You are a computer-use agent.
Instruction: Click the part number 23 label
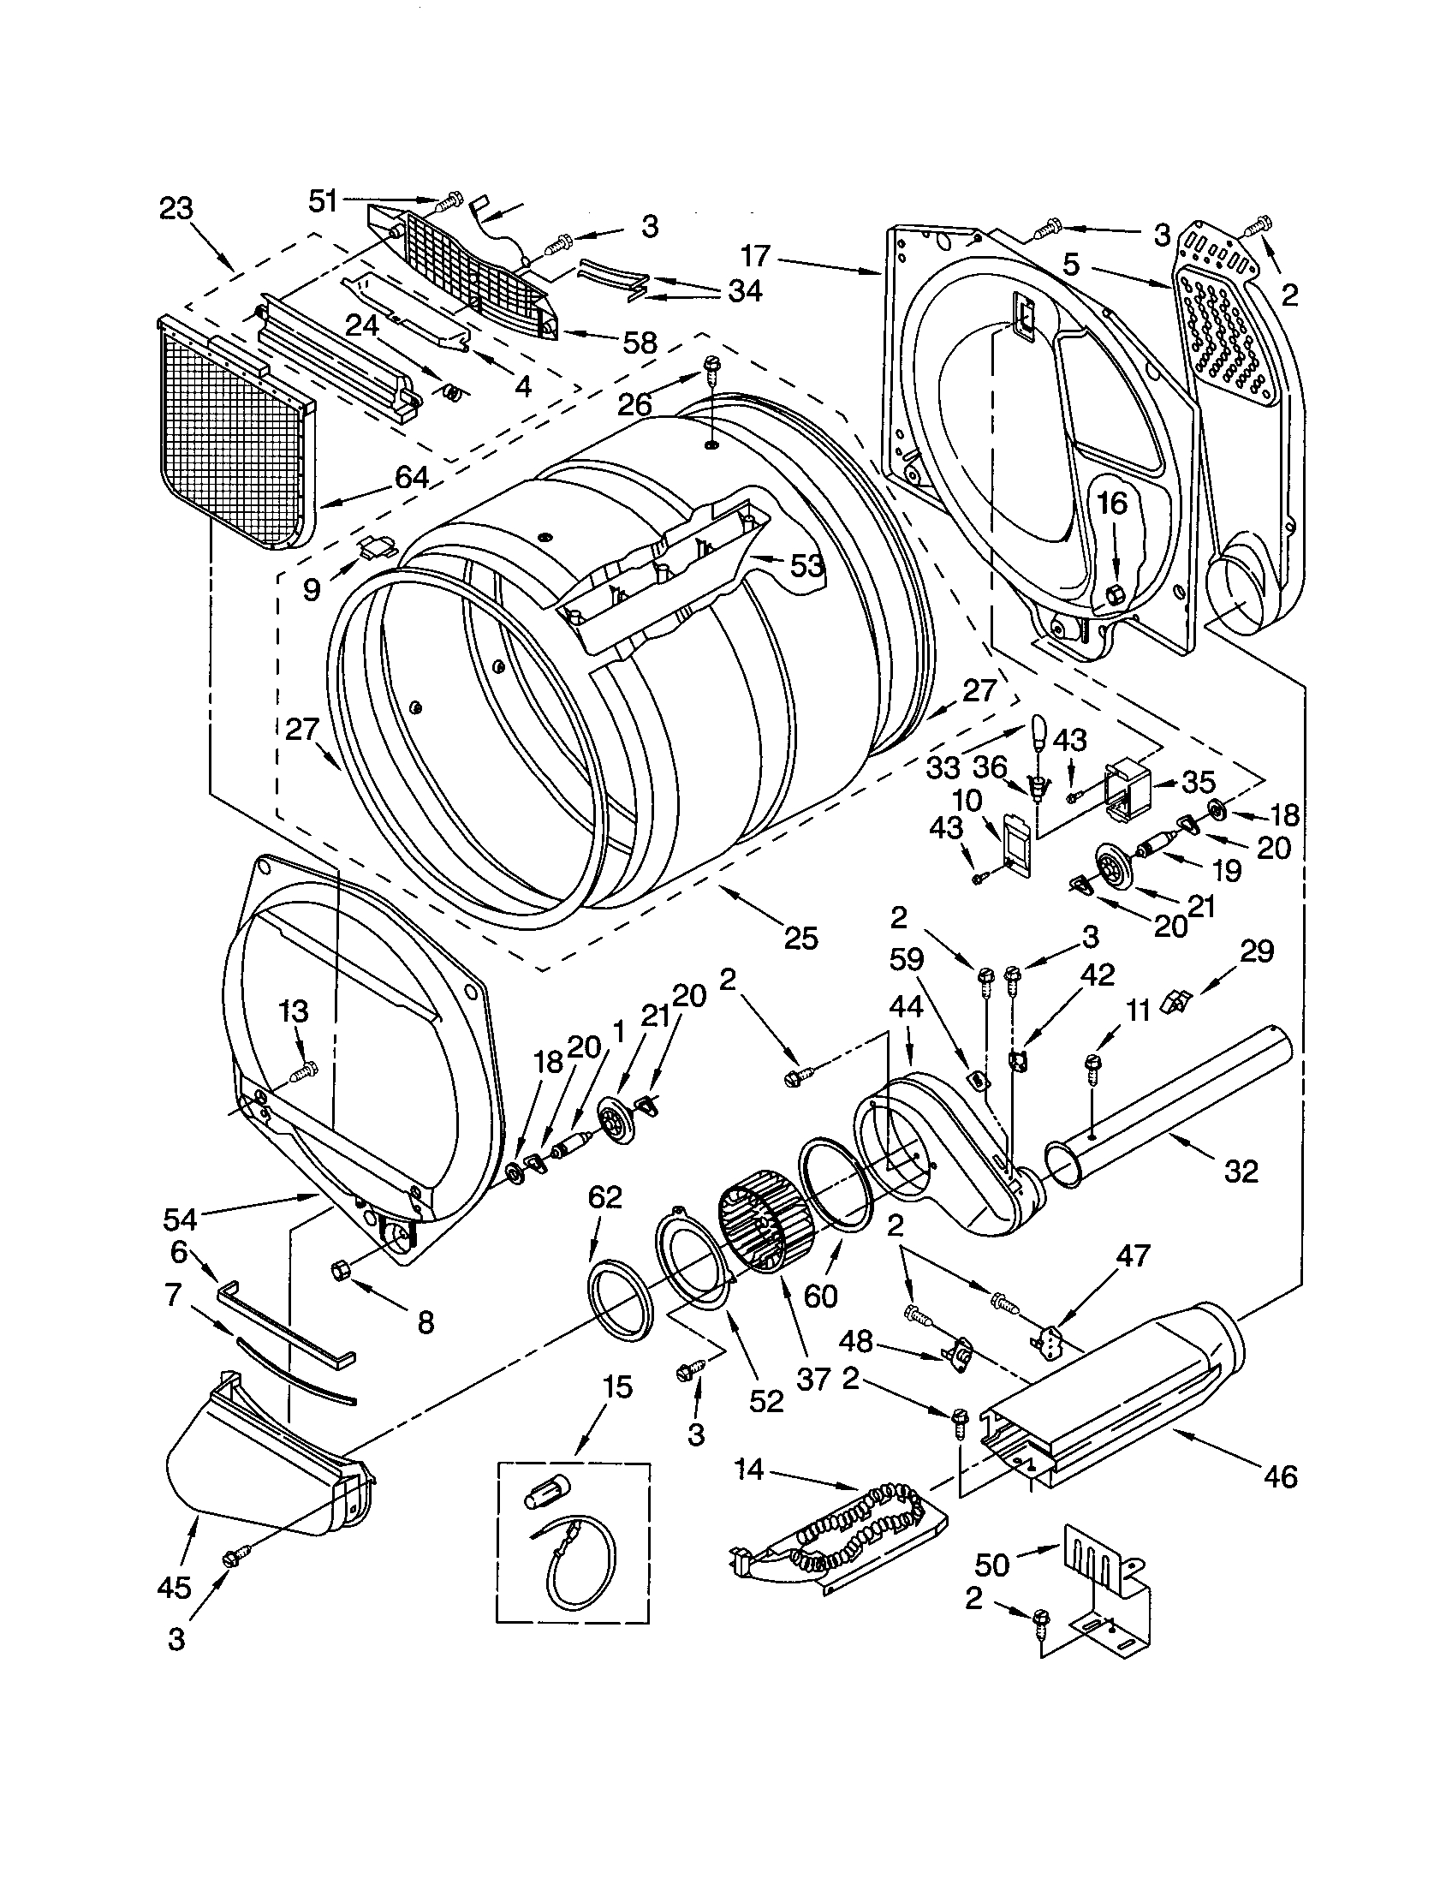pyautogui.click(x=176, y=209)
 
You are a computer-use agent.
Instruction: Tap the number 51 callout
pyautogui.click(x=323, y=201)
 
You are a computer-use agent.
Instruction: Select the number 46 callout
pyautogui.click(x=1281, y=1477)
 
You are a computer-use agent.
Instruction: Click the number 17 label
pyautogui.click(x=755, y=256)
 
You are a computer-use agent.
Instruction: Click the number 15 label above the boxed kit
pyautogui.click(x=617, y=1386)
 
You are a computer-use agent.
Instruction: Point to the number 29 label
pyautogui.click(x=1256, y=951)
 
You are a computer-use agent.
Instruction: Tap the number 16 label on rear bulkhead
pyautogui.click(x=1112, y=503)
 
